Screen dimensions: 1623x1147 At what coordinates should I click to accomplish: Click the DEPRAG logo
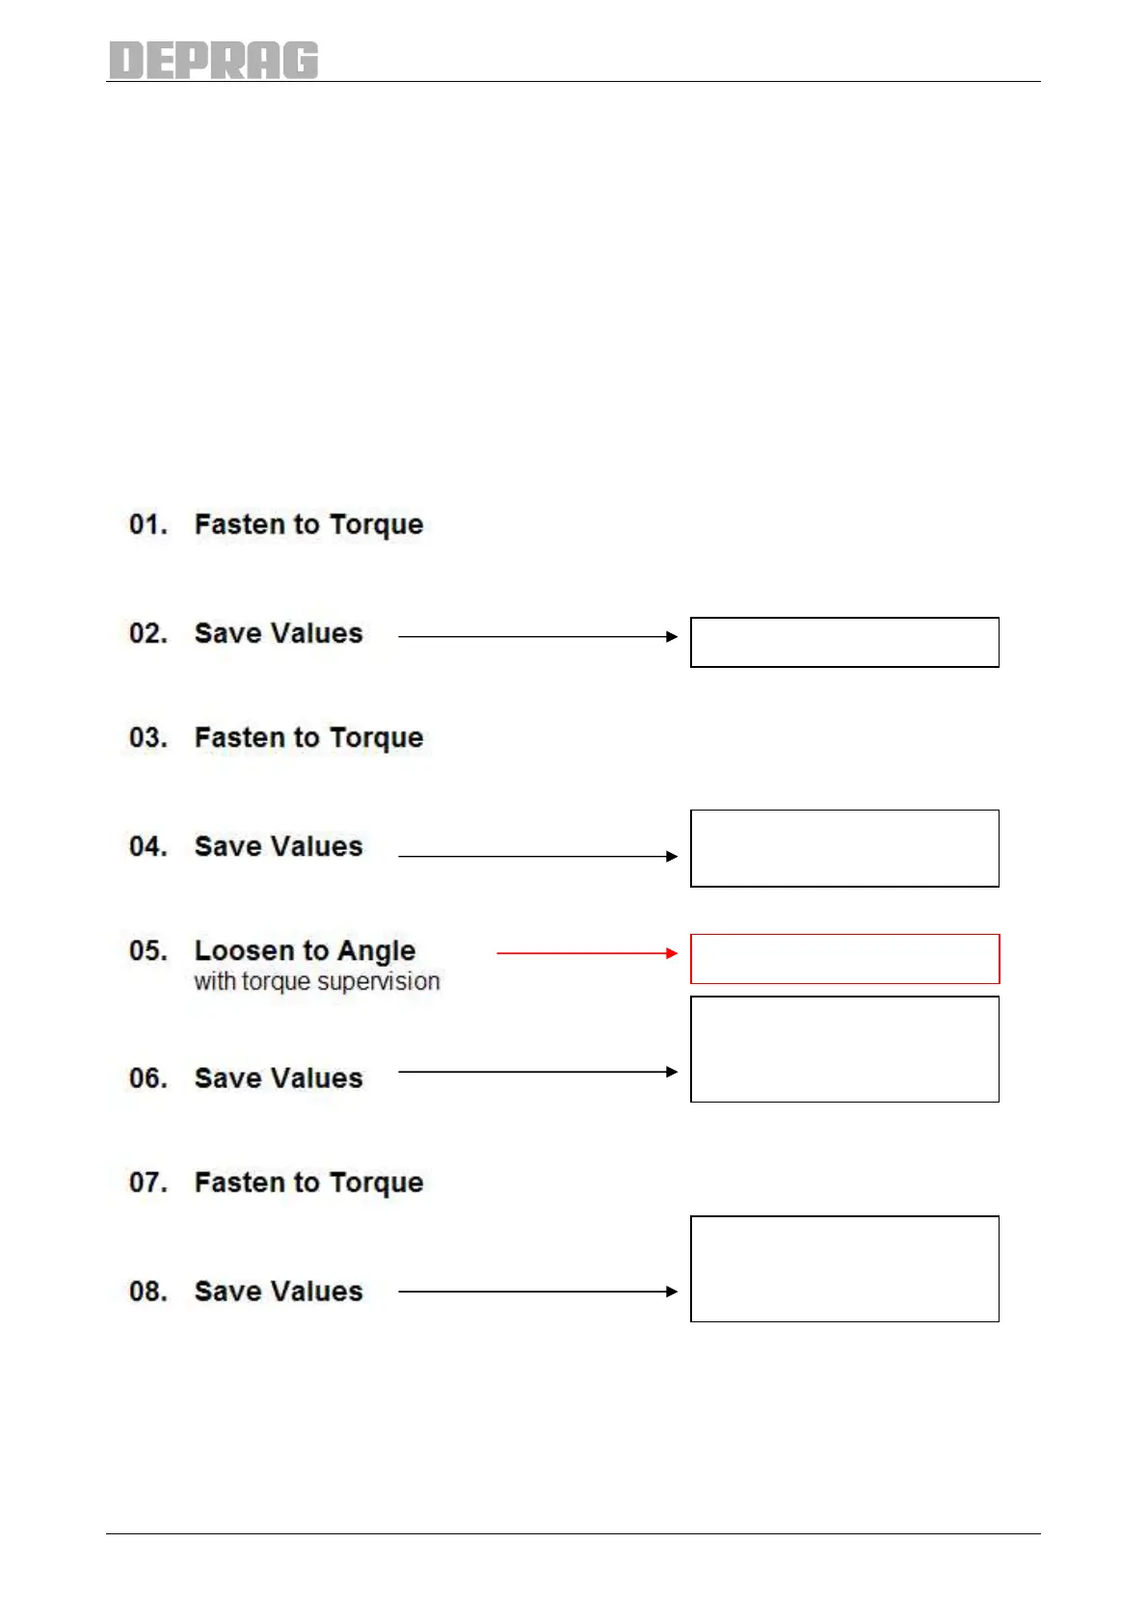(x=213, y=60)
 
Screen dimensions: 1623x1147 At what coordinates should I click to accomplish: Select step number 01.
(x=147, y=524)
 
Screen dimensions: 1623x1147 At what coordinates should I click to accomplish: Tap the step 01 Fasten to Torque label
(x=308, y=524)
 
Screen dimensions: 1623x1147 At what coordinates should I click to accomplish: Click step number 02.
(x=147, y=633)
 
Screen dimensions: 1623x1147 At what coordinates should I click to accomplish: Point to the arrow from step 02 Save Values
(x=538, y=636)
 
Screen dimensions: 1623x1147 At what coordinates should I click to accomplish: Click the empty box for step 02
(x=844, y=642)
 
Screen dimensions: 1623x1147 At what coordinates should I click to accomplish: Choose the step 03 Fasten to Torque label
(x=308, y=737)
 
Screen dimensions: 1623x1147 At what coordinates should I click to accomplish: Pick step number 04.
(x=147, y=846)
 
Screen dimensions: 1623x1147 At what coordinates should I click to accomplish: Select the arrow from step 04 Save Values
(x=538, y=856)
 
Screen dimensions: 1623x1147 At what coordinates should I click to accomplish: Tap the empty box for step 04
(x=844, y=848)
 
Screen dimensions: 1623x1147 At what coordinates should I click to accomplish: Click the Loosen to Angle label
(x=305, y=950)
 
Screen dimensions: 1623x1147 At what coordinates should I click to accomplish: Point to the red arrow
(x=587, y=953)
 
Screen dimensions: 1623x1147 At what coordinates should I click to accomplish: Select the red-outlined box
(x=844, y=959)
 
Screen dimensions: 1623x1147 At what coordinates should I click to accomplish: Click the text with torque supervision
(x=317, y=981)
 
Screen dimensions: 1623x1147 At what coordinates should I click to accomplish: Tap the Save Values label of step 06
(x=279, y=1078)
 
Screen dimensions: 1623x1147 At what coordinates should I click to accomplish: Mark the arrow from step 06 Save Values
(x=538, y=1072)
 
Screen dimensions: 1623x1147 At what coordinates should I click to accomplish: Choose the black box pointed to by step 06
(x=844, y=1049)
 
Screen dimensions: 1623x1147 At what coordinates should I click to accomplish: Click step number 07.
(x=147, y=1183)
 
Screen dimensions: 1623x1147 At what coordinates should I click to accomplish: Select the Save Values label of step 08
(x=279, y=1291)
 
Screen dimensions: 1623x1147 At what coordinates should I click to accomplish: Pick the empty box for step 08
(x=844, y=1268)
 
